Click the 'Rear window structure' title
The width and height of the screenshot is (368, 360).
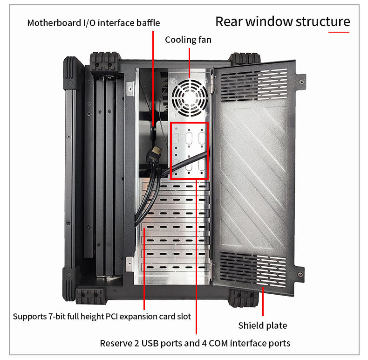[282, 21]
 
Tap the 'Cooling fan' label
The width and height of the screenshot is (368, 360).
[188, 40]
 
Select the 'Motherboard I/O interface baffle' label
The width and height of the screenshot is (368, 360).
[94, 23]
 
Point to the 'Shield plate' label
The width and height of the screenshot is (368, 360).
[263, 325]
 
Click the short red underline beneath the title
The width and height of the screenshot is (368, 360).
[339, 32]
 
